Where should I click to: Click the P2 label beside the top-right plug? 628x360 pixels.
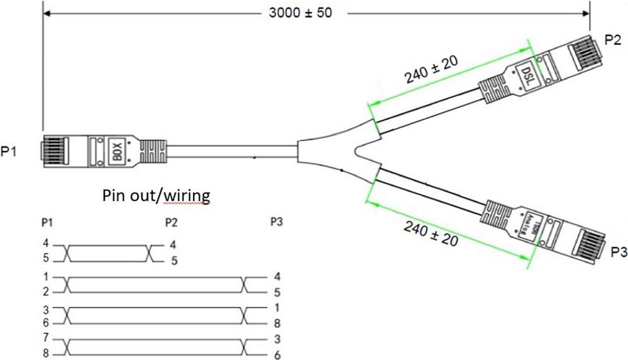click(613, 41)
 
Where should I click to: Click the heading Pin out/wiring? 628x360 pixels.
click(156, 194)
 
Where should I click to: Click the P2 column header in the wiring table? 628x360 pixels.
click(171, 222)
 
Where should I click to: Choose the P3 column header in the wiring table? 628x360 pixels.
click(277, 222)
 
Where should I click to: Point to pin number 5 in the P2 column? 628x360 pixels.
click(174, 261)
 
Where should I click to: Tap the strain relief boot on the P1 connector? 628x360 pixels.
click(152, 151)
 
